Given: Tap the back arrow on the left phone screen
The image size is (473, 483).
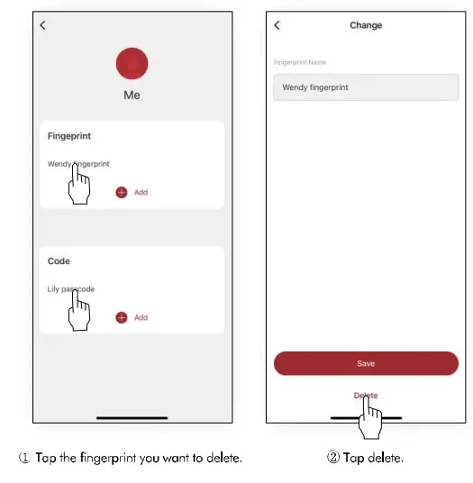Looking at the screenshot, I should pyautogui.click(x=42, y=25).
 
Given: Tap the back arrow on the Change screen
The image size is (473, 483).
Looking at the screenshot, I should pyautogui.click(x=277, y=25).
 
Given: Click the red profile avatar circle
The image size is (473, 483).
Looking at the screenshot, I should pyautogui.click(x=132, y=64).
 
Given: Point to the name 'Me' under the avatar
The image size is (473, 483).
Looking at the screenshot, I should pyautogui.click(x=132, y=96).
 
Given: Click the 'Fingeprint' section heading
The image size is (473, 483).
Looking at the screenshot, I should pyautogui.click(x=69, y=136).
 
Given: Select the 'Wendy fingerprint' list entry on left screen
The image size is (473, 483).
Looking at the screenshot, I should pyautogui.click(x=78, y=164).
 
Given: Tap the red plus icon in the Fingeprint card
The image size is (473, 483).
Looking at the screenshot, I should pyautogui.click(x=122, y=193).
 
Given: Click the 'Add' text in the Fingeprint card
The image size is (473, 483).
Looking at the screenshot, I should pyautogui.click(x=141, y=193).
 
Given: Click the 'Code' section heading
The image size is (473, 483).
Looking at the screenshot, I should pyautogui.click(x=59, y=261).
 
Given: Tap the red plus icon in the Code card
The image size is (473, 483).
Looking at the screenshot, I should pyautogui.click(x=122, y=317).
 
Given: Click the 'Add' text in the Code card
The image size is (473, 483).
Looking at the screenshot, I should pyautogui.click(x=141, y=317).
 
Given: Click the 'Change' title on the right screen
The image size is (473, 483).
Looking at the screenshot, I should pyautogui.click(x=366, y=25).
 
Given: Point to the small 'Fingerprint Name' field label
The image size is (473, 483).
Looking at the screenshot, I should pyautogui.click(x=300, y=62).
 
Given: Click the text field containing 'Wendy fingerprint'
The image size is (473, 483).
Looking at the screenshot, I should pyautogui.click(x=366, y=87).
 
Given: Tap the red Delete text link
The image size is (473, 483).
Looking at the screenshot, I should pyautogui.click(x=366, y=396).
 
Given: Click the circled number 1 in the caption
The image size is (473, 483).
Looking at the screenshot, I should pyautogui.click(x=25, y=458).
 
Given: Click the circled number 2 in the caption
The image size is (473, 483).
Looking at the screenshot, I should pyautogui.click(x=332, y=458).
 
